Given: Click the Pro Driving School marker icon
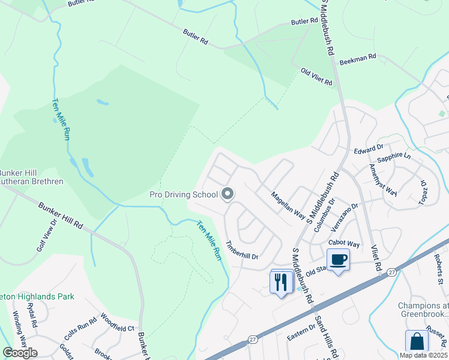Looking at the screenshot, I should pyautogui.click(x=228, y=194).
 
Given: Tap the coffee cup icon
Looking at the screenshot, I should pyautogui.click(x=339, y=259).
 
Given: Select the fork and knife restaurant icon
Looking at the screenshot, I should pyautogui.click(x=281, y=281).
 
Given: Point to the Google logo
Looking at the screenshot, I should pyautogui.click(x=20, y=353).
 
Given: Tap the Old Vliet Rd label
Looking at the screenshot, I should pyautogui.click(x=316, y=77).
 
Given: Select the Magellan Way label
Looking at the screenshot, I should pyautogui.click(x=288, y=205).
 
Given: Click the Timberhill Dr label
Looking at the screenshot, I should pyautogui.click(x=241, y=250).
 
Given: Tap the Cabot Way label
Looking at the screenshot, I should pyautogui.click(x=344, y=244).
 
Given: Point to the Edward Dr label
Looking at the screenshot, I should pyautogui.click(x=368, y=148).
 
